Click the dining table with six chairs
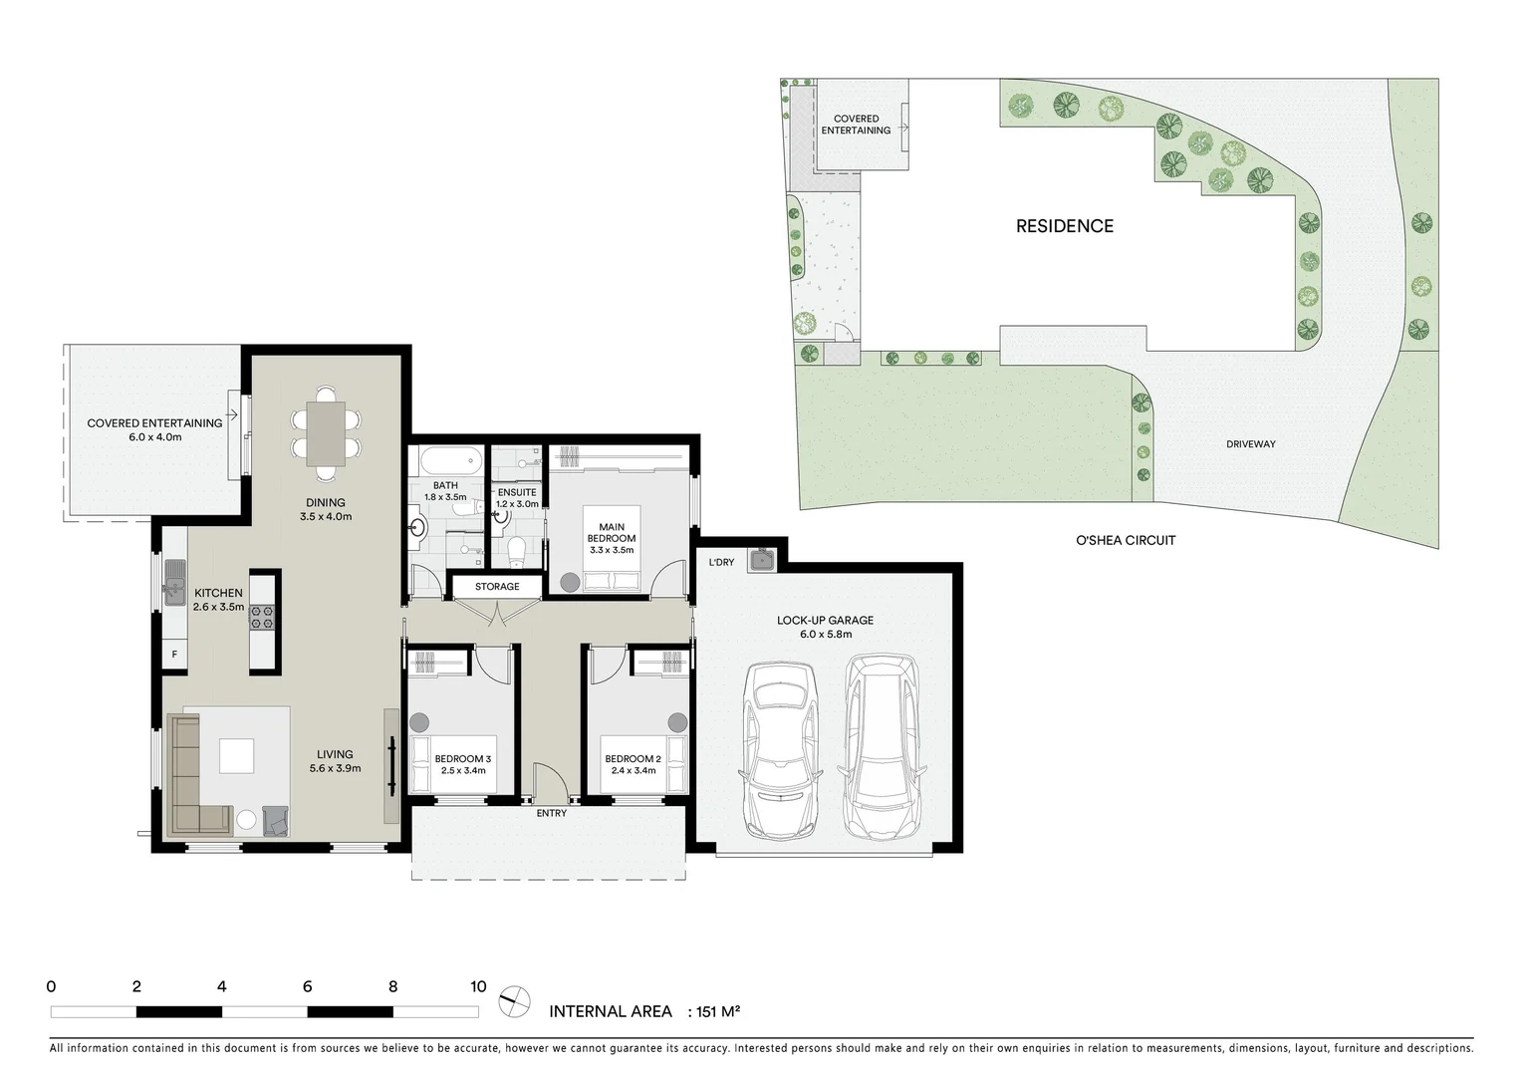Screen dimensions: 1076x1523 coord(326,433)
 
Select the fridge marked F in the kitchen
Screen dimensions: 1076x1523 coord(174,655)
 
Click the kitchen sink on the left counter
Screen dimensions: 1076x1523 coord(174,582)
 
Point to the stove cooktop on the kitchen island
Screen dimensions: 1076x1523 coord(262,618)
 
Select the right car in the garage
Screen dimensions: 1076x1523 coord(881,746)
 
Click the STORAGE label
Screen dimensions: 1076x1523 coord(497,587)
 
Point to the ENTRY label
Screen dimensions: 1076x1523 coord(551,813)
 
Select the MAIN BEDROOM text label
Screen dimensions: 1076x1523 coord(612,533)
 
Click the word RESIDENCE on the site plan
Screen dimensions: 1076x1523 coord(1064,226)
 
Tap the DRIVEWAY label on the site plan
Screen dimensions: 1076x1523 coord(1250,444)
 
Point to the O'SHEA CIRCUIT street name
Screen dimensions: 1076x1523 coord(1126,540)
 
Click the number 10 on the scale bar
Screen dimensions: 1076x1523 coord(478,987)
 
